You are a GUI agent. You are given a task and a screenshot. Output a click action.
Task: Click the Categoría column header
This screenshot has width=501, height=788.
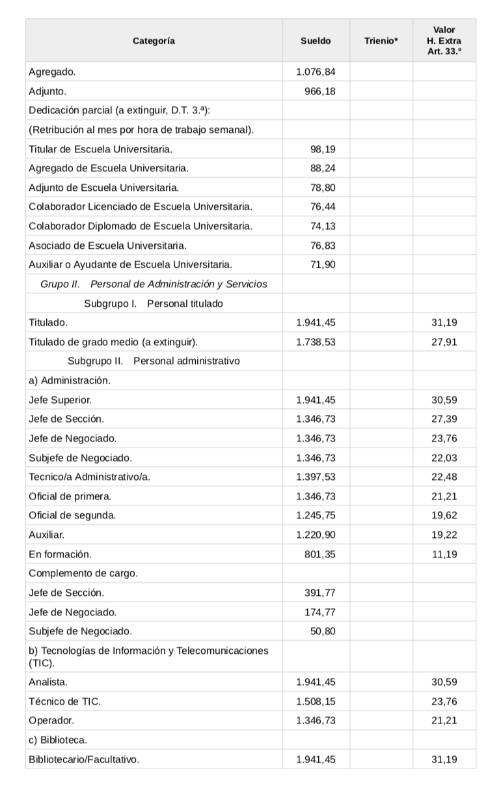(x=154, y=41)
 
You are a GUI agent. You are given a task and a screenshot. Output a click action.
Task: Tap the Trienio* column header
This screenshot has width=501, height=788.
(x=381, y=41)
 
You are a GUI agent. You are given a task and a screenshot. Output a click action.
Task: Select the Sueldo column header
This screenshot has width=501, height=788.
(x=316, y=41)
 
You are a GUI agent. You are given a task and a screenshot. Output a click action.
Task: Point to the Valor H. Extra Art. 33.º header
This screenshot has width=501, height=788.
(x=444, y=40)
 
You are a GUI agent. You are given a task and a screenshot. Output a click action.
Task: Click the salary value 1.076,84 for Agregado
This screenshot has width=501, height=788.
(x=316, y=72)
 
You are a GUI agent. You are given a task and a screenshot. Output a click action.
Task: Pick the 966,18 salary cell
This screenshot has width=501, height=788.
(x=320, y=91)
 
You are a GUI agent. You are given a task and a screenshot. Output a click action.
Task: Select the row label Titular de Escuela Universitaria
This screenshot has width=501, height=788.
(x=101, y=149)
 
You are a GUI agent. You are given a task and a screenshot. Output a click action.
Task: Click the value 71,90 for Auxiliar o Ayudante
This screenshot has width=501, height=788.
(x=323, y=264)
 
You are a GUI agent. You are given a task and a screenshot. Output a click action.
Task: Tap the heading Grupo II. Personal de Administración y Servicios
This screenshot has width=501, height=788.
(x=154, y=284)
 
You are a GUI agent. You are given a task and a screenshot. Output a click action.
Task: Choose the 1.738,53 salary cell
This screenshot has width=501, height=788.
(x=316, y=341)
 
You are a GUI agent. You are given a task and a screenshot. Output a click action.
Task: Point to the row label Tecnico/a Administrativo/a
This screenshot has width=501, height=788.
(x=89, y=477)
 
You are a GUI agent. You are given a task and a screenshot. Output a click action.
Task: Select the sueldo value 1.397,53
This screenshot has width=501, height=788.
(x=316, y=477)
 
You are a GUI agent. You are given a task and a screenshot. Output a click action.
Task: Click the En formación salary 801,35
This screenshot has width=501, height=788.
(x=320, y=554)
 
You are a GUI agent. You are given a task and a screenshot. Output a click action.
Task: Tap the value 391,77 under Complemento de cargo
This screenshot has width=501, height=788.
(x=320, y=593)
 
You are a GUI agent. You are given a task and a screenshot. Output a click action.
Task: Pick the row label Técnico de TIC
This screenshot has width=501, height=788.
(x=64, y=701)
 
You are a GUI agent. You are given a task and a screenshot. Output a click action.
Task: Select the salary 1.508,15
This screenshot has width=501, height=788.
(x=316, y=701)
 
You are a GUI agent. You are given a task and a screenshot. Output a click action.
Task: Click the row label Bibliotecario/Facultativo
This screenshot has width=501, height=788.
(x=84, y=759)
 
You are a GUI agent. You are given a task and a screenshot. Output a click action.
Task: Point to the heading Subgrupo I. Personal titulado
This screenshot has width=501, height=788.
(x=154, y=303)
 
